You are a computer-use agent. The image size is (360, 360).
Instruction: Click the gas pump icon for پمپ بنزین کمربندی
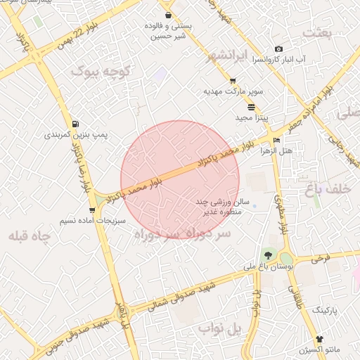75,123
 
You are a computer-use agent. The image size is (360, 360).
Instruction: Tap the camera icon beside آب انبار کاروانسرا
279,49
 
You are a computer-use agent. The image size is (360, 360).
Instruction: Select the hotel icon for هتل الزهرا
276,141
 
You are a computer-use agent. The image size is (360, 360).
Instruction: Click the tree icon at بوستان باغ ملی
267,255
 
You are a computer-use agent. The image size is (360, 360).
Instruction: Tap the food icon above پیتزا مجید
252,107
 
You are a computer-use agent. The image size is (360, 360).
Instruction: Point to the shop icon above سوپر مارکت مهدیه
233,82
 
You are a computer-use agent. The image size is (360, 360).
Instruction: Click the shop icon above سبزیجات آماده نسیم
92,210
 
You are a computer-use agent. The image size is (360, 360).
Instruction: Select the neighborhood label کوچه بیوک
101,71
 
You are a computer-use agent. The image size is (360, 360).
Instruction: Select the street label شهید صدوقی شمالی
180,295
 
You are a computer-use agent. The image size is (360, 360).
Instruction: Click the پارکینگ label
325,309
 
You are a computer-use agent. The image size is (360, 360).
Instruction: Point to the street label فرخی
321,259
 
